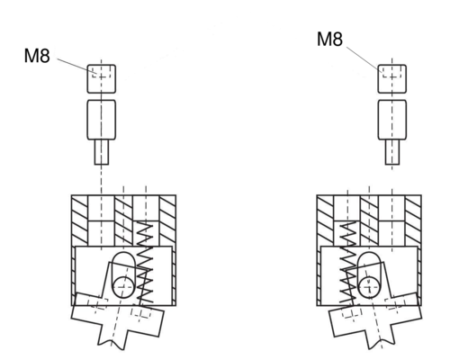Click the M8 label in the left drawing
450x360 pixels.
[x=37, y=56]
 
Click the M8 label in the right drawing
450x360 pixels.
[x=329, y=40]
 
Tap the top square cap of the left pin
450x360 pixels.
[x=102, y=78]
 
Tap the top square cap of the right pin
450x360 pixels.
[x=392, y=78]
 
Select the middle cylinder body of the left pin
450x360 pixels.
[x=102, y=120]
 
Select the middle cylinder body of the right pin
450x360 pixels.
[x=392, y=120]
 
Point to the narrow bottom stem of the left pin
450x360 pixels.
[x=102, y=152]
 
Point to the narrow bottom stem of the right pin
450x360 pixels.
[x=392, y=152]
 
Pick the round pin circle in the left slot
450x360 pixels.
[x=123, y=287]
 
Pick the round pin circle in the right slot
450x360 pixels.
[x=369, y=287]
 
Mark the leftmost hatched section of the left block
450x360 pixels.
[x=80, y=220]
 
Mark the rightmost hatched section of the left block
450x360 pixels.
[x=167, y=220]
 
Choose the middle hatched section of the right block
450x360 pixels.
[x=369, y=220]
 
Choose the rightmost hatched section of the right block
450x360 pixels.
[x=413, y=220]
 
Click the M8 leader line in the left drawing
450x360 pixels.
[x=76, y=66]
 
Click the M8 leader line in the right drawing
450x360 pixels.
[x=364, y=59]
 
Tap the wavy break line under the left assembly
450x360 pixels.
[x=111, y=345]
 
